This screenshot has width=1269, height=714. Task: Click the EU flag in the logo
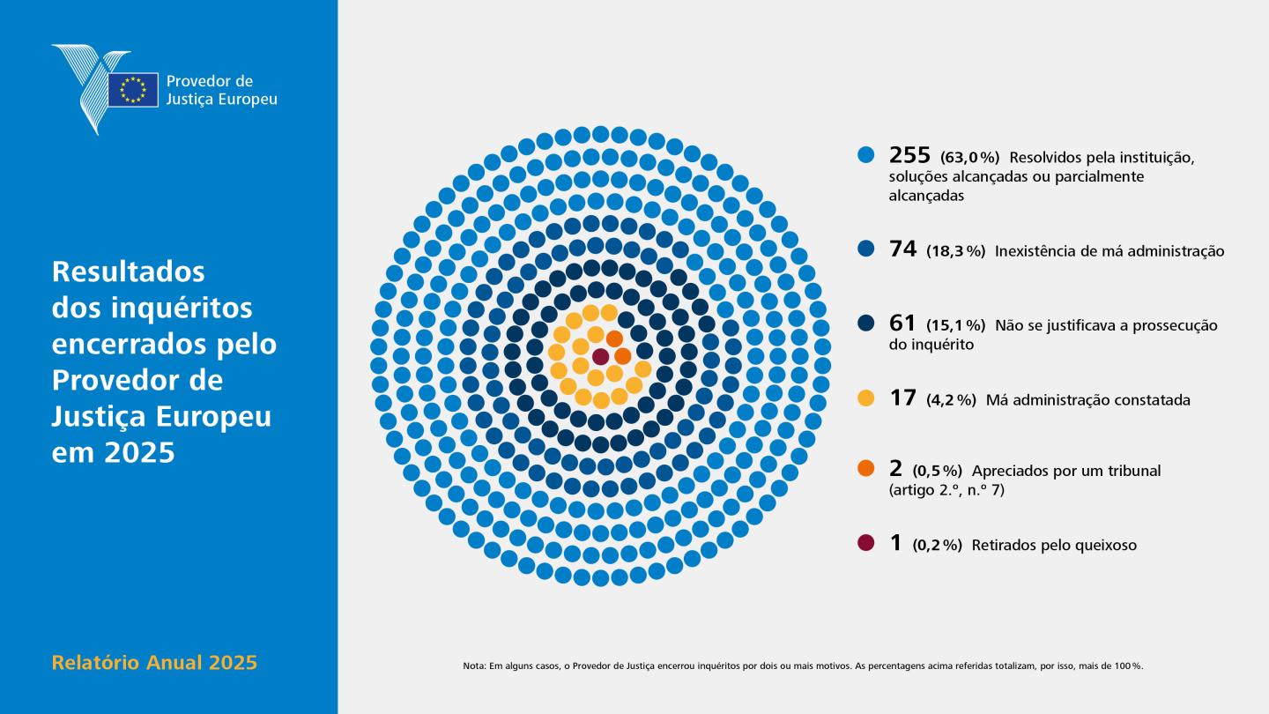pos(133,90)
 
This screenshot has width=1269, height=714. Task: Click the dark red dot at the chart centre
pos(600,357)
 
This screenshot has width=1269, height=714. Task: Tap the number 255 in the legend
pos(909,155)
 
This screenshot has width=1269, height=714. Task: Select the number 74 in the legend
pos(903,249)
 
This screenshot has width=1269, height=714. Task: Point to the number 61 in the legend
pos(902,323)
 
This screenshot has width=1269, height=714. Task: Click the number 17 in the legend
pos(902,398)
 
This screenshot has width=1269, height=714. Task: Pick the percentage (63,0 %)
pos(970,157)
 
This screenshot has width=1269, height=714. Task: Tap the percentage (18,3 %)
pos(956,251)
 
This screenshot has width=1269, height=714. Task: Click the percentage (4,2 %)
pos(952,400)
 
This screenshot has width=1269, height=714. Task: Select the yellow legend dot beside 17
pos(865,398)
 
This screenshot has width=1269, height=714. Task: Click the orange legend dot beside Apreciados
pos(865,468)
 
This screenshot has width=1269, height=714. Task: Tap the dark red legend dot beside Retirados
pos(865,543)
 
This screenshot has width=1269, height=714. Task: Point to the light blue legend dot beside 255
pos(865,155)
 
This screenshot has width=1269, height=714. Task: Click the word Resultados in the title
pos(129,271)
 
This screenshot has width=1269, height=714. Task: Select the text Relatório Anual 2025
pos(155,663)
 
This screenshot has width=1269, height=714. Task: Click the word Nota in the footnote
pos(473,666)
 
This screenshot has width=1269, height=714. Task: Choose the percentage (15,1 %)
pos(956,326)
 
